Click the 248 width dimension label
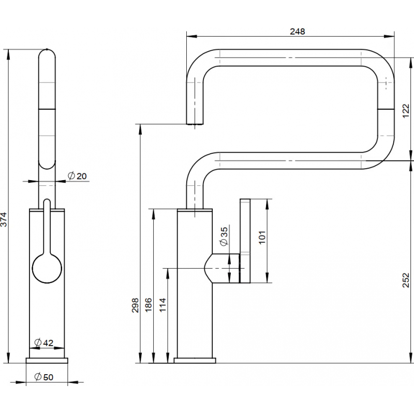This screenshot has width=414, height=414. tap(297, 32)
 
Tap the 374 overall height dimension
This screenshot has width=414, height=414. tap(4, 219)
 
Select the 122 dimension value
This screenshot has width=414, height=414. tap(406, 111)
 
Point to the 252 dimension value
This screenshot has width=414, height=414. tap(406, 280)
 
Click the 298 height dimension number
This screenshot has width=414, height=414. tap(135, 305)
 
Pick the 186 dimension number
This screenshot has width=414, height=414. tap(149, 304)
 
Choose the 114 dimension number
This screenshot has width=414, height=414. tap(162, 304)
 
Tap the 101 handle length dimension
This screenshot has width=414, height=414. tap(262, 238)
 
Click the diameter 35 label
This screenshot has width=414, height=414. tap(224, 236)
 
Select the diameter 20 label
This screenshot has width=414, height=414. tap(77, 176)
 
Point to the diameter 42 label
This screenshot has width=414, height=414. tap(44, 343)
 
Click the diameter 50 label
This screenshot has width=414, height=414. tap(44, 377)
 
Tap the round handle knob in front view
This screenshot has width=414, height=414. tap(47, 269)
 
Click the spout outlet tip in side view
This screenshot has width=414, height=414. tap(195, 123)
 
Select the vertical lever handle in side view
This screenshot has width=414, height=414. tap(245, 241)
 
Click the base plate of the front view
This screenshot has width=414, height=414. tap(47, 360)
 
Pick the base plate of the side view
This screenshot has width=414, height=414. tap(195, 360)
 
